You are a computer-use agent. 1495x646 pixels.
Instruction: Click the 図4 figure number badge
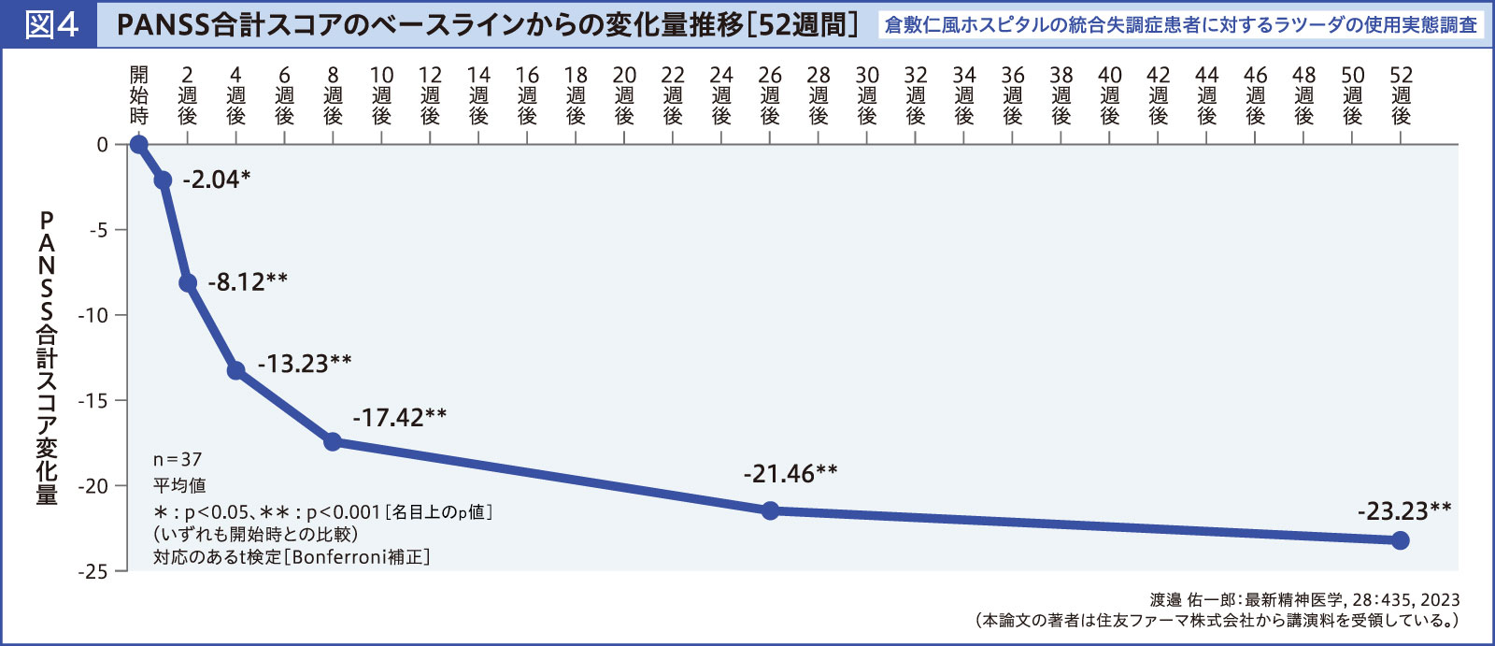[x=50, y=24]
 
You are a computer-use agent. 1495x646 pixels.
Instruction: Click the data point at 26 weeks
[x=770, y=510]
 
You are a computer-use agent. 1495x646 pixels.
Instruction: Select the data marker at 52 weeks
[x=1400, y=540]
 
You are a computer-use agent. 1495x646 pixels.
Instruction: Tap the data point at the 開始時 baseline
[x=139, y=144]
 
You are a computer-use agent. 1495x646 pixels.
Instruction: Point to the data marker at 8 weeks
[x=333, y=441]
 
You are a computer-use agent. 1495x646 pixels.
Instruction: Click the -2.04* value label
[x=216, y=179]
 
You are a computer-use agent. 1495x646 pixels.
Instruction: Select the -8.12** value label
[x=247, y=281]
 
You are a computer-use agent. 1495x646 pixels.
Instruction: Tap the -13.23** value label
[x=304, y=364]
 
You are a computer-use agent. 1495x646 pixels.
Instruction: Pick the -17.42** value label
[x=399, y=417]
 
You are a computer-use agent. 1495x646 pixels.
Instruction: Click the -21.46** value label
[x=790, y=474]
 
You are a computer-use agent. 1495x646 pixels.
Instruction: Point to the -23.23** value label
[x=1404, y=511]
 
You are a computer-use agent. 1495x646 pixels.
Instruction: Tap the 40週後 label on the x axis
[x=1109, y=95]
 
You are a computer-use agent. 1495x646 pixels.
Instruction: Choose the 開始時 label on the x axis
[x=139, y=95]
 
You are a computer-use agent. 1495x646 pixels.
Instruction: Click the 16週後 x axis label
[x=527, y=95]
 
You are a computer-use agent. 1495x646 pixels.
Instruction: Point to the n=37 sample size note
[x=178, y=460]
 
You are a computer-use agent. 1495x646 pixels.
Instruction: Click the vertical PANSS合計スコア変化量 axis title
[x=47, y=357]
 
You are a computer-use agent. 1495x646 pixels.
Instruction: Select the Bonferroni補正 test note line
[x=292, y=557]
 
